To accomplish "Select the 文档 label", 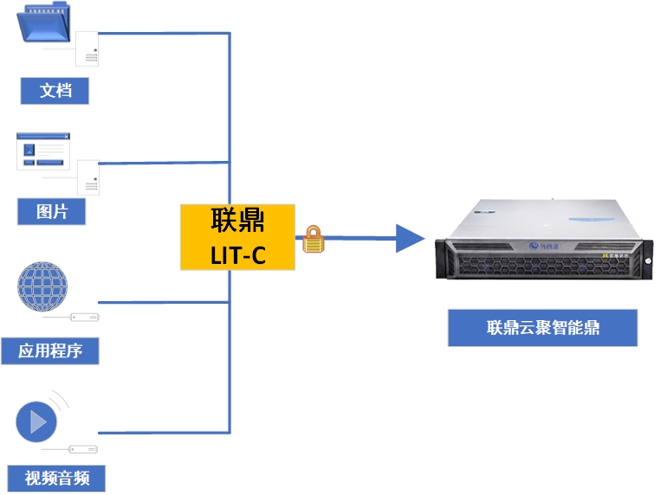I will coord(55,90).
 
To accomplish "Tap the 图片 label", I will coord(52,210).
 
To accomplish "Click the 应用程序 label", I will coord(49,350).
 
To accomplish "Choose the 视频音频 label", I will coord(56,478).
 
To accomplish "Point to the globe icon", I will coord(42,289).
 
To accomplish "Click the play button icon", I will coord(37,421).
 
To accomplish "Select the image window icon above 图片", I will coord(42,151).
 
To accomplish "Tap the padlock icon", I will coord(313,240).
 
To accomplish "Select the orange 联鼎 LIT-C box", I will coord(237,237).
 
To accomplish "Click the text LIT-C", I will coord(237,254).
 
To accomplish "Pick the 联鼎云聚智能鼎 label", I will coord(542,328).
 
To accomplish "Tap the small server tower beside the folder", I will coord(87,48).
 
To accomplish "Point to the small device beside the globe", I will coord(85,317).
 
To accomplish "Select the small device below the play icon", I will coord(83,449).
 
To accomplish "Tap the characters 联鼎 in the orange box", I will coord(237,222).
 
